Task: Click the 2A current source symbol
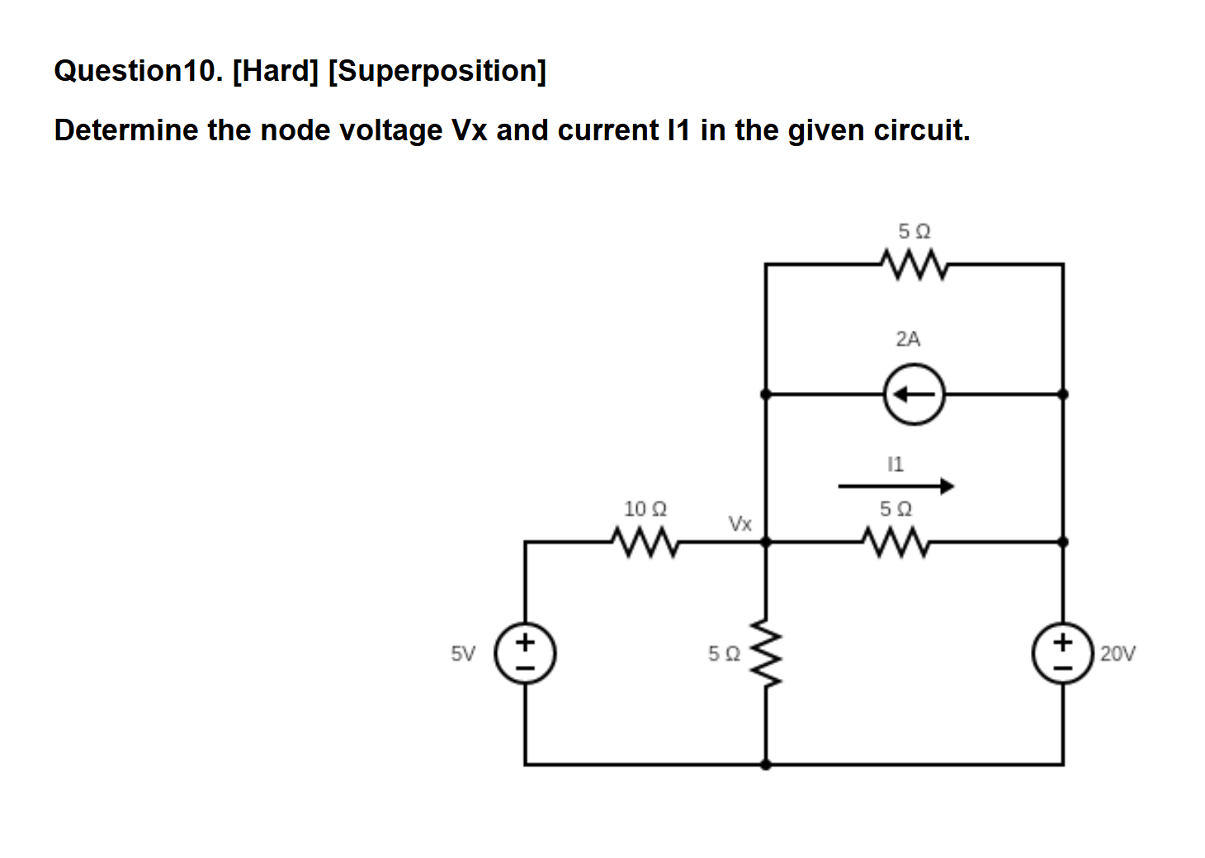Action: pos(914,394)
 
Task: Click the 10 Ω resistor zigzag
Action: pos(645,542)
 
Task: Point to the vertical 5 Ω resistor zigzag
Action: pos(766,653)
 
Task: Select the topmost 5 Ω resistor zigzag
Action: pos(914,264)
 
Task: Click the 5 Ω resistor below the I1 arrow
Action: pos(895,542)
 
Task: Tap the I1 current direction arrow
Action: pos(895,486)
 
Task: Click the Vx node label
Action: pos(740,524)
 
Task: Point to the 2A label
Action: pos(908,338)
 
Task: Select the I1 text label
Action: pos(895,464)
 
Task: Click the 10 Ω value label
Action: pos(645,509)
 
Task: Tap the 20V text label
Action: pos(1118,654)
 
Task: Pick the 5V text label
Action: pos(463,654)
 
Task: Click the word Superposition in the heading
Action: pos(437,71)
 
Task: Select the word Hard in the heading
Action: pos(276,71)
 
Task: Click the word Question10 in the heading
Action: pos(138,71)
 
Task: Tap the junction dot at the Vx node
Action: pos(766,542)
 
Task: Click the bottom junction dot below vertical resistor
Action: pos(766,765)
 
